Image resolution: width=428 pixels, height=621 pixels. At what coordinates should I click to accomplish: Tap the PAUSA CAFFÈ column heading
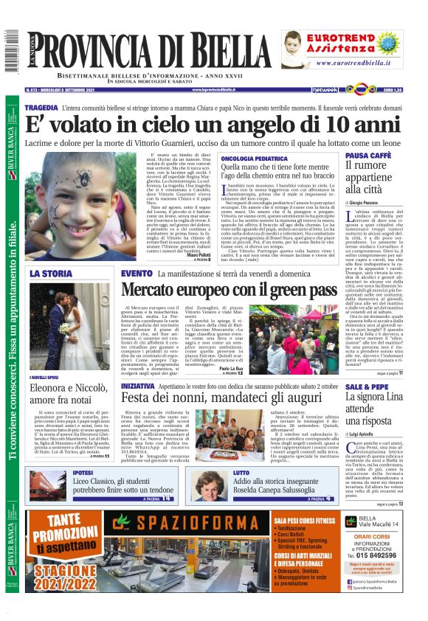click(x=367, y=156)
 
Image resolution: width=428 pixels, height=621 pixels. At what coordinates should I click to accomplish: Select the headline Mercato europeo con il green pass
click(x=229, y=290)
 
